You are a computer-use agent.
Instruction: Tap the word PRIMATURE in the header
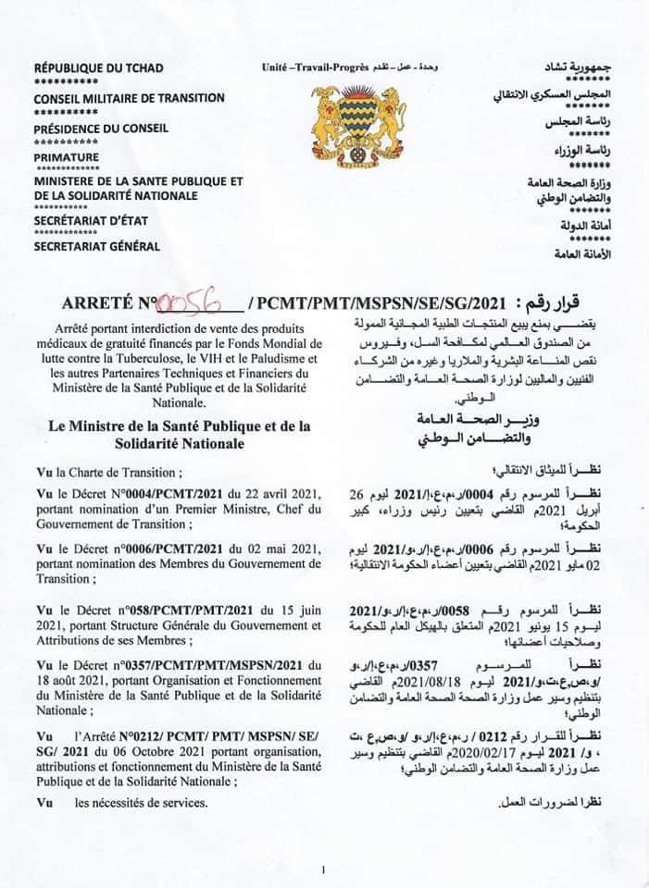(66, 157)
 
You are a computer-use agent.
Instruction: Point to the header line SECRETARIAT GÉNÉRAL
(97, 246)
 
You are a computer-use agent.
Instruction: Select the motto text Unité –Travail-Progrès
(315, 68)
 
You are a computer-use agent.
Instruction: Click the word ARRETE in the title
(97, 302)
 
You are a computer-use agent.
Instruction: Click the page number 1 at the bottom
(323, 869)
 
